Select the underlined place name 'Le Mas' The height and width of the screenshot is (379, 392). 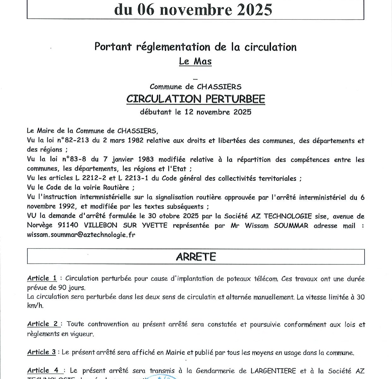195,61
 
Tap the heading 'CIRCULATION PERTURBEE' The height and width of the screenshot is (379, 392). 196,99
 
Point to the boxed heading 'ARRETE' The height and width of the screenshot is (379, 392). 196,256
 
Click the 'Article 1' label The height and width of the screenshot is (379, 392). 42,278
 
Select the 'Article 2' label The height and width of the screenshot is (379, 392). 43,324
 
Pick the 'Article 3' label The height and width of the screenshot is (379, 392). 41,352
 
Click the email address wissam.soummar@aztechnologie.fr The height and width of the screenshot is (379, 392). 81,235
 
